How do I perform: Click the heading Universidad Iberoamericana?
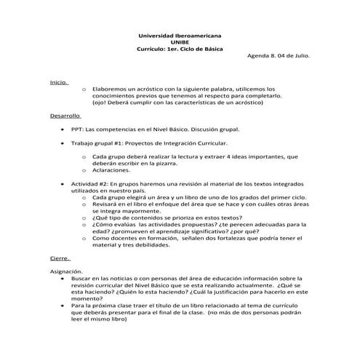180,35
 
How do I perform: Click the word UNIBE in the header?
180,41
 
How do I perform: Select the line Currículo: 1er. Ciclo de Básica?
180,49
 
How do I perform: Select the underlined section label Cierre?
60,257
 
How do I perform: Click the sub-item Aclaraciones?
116,169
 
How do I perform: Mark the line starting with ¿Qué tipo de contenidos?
167,217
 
